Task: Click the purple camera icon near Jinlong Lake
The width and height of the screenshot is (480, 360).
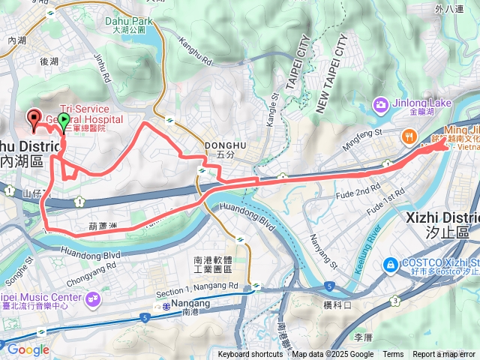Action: coord(380,104)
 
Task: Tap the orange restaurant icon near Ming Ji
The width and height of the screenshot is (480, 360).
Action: coord(409,136)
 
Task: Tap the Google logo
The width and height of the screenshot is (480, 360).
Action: coord(27,349)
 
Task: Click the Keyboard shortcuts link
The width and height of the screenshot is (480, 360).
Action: coord(250,355)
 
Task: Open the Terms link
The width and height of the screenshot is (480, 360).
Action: coord(393,355)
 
